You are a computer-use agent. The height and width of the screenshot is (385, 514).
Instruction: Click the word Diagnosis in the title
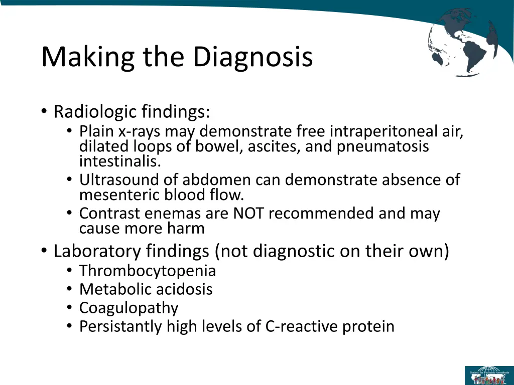[253, 57]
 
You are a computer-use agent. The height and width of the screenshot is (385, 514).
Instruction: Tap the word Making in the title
[88, 57]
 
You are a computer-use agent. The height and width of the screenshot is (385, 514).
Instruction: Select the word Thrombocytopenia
[148, 271]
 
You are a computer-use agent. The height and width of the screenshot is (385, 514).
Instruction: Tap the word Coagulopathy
[128, 308]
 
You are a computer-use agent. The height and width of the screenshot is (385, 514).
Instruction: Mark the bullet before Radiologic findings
[45, 111]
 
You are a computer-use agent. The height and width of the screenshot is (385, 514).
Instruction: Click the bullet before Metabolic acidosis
[69, 289]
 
